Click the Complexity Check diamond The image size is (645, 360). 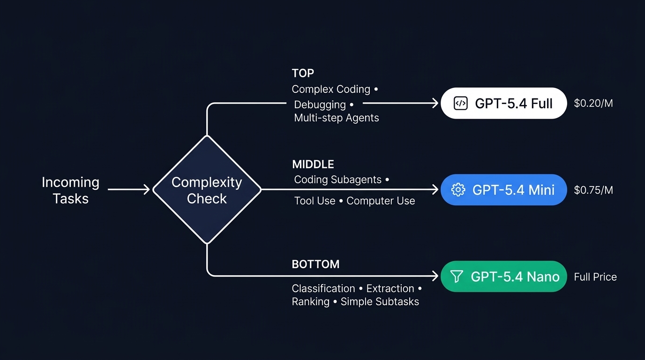pos(207,190)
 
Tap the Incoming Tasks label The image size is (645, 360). pos(70,190)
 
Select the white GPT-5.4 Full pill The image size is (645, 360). pos(504,103)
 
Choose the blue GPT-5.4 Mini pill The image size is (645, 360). pos(504,189)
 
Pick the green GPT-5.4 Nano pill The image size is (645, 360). pos(504,277)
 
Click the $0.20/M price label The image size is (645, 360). pos(593,103)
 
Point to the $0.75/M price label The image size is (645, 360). pos(593,190)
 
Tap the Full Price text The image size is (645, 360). pos(595,277)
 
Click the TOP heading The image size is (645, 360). pos(303,73)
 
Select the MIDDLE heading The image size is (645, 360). pos(313,165)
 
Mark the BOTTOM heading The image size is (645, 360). pos(315,264)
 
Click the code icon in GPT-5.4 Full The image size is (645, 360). pos(461,104)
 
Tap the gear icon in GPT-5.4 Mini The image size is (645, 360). pos(457,189)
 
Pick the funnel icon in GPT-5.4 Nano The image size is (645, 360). pos(457,277)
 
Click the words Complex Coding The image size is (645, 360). pos(330,89)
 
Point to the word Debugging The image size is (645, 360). pos(320,105)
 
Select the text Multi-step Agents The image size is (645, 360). pos(336,118)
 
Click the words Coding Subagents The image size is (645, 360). pos(337,180)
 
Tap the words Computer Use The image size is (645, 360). pos(381,201)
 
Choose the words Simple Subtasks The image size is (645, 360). pos(380,301)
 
